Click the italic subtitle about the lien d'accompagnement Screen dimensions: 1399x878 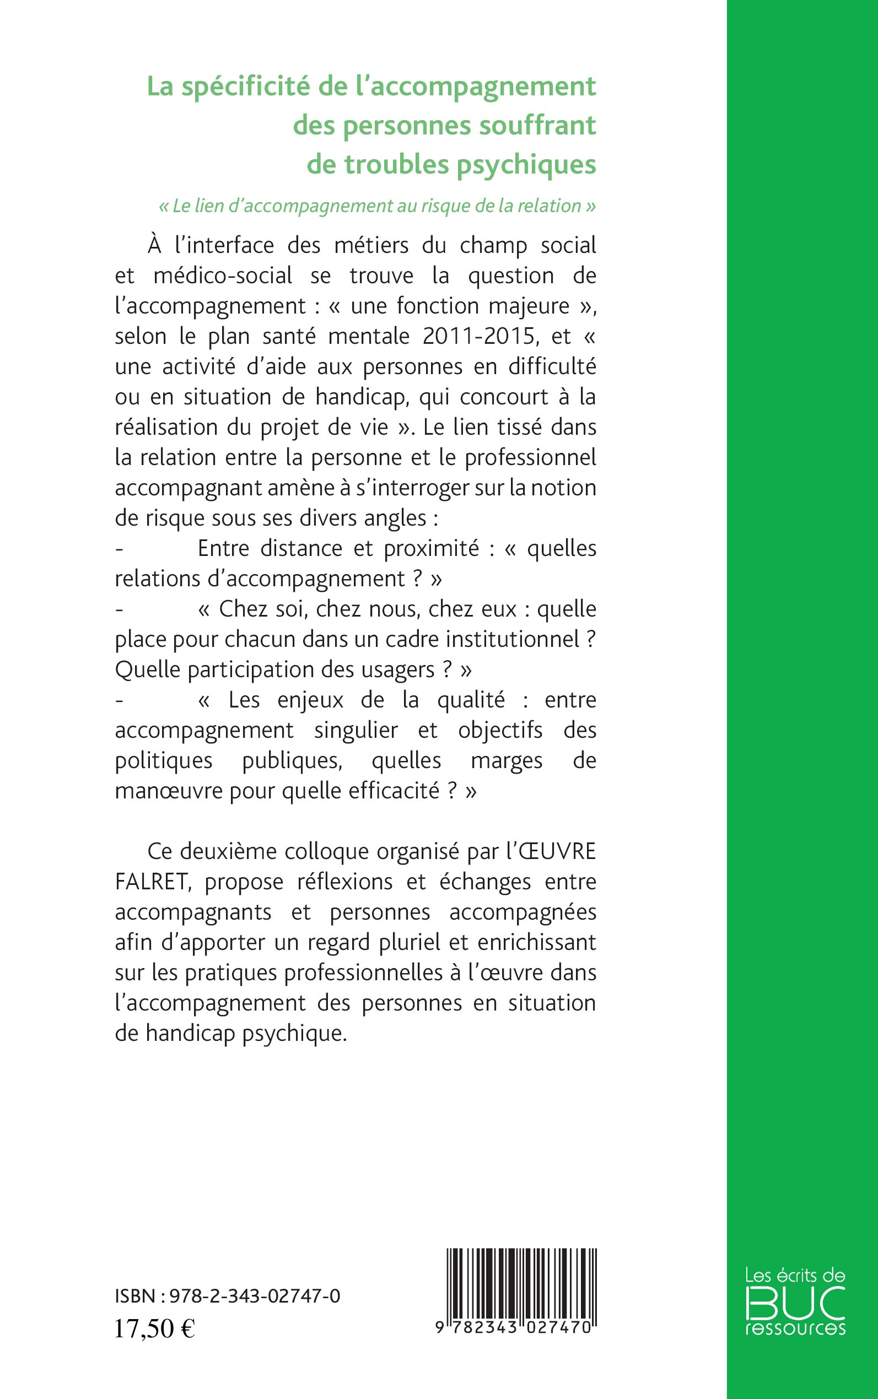tap(378, 206)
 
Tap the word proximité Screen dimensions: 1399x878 tap(432, 549)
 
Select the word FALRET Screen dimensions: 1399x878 tap(152, 882)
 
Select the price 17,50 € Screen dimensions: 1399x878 tap(154, 1328)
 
